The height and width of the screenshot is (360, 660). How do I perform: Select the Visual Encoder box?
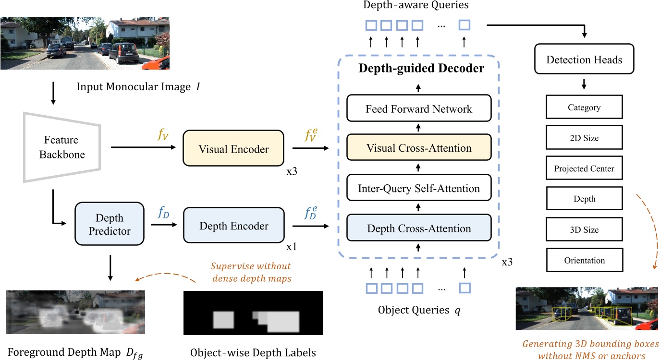(234, 149)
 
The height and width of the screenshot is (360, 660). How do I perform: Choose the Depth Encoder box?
(234, 226)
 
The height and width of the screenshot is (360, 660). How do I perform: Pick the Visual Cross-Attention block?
(418, 148)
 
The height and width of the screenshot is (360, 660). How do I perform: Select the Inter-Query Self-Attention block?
(418, 188)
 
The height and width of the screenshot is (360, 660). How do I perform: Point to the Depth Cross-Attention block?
(418, 228)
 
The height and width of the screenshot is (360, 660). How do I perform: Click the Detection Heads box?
(584, 60)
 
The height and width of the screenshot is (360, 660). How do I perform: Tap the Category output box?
(584, 108)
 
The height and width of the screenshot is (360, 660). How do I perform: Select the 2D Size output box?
(584, 138)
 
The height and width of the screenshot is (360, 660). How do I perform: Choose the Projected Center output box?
(584, 168)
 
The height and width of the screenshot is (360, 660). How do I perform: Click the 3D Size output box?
(584, 229)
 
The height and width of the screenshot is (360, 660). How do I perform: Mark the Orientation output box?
(584, 260)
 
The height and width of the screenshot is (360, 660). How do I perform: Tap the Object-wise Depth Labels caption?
(253, 353)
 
